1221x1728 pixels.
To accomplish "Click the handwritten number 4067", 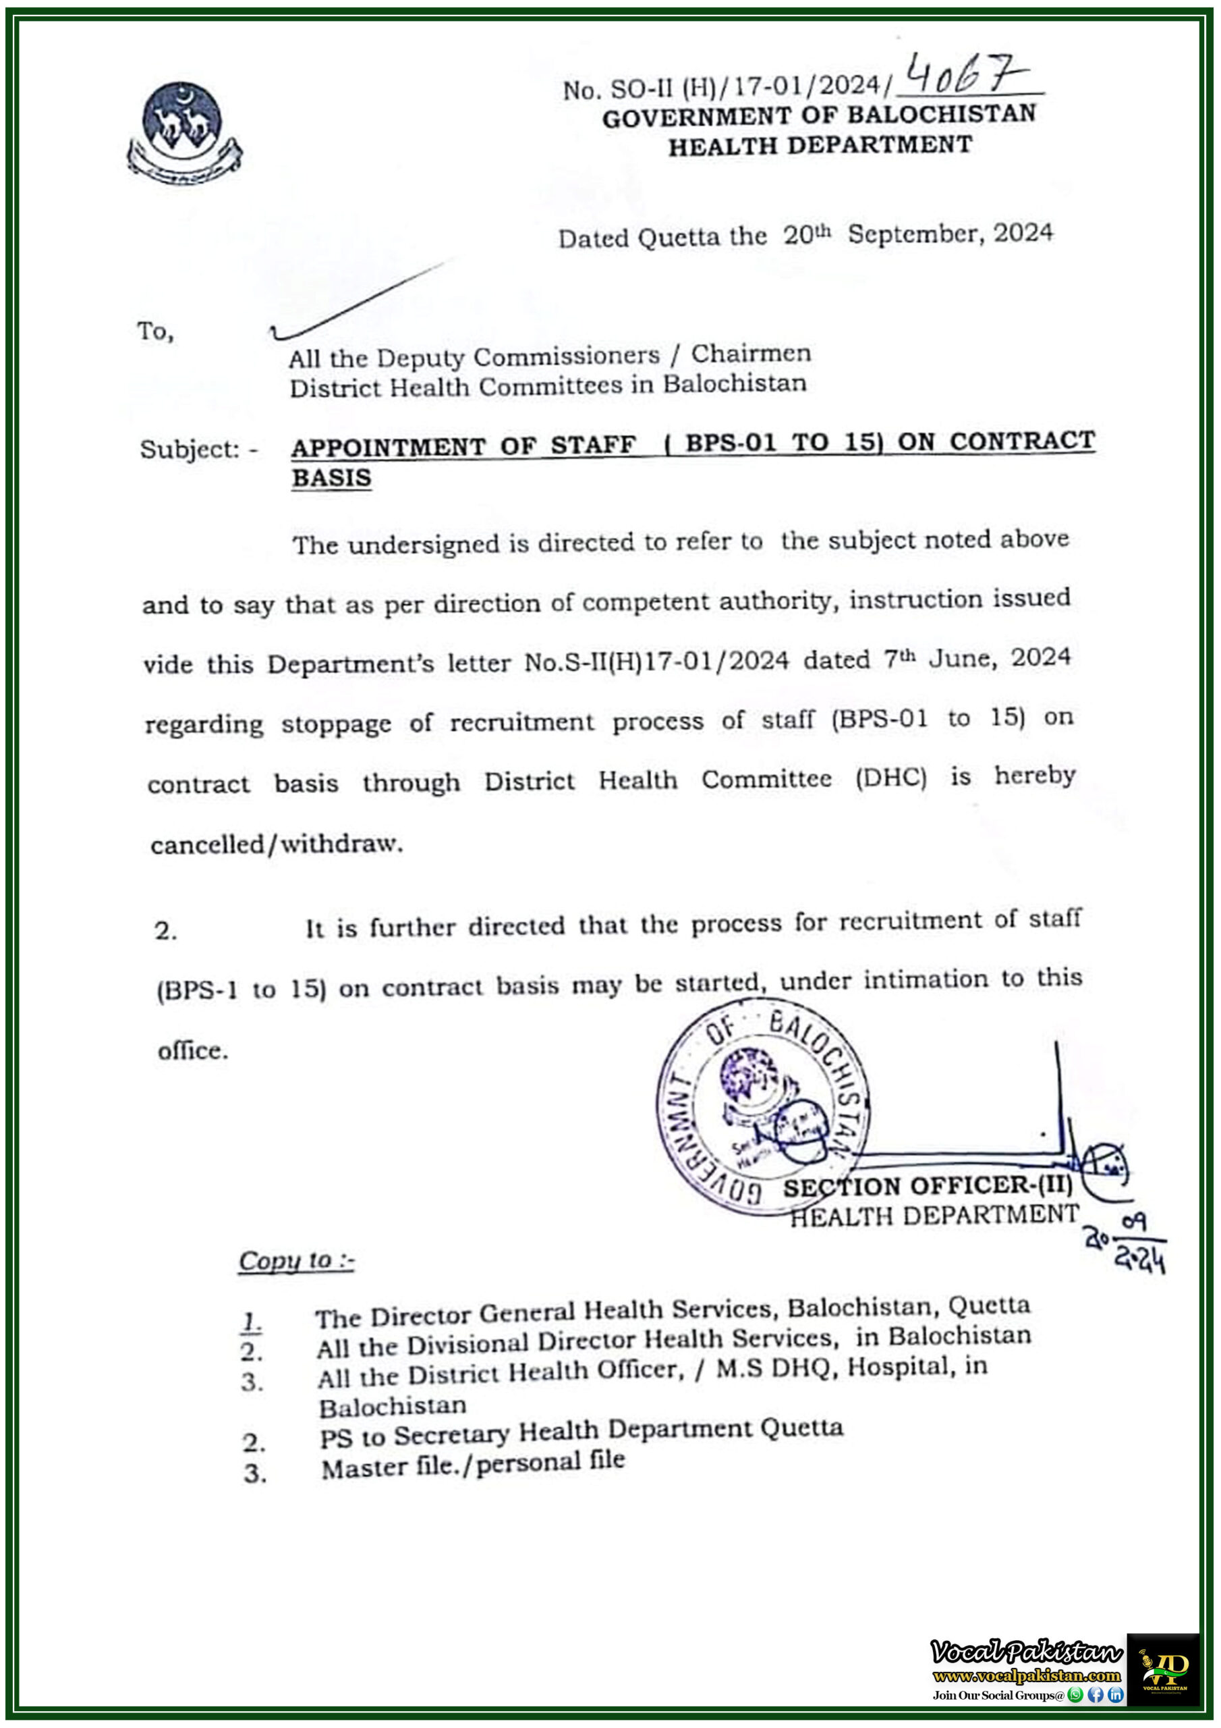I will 966,75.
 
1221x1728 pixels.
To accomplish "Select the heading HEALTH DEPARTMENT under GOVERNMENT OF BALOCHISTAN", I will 820,145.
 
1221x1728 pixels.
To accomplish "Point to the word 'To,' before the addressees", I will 156,331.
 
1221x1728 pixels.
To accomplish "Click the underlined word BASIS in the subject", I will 331,478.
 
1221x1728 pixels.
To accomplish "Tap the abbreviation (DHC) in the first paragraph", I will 890,778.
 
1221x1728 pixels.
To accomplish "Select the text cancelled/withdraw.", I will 276,844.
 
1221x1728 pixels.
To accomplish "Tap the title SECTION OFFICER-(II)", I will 927,1186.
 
